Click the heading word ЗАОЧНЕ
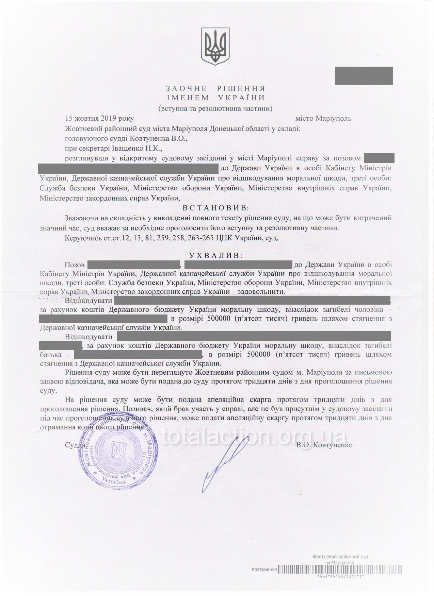(186, 89)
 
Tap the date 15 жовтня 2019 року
(99, 119)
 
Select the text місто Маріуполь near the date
(323, 119)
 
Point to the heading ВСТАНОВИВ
(216, 208)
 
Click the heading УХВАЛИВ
(216, 255)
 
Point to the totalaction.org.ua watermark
(254, 436)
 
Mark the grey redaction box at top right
(364, 75)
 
